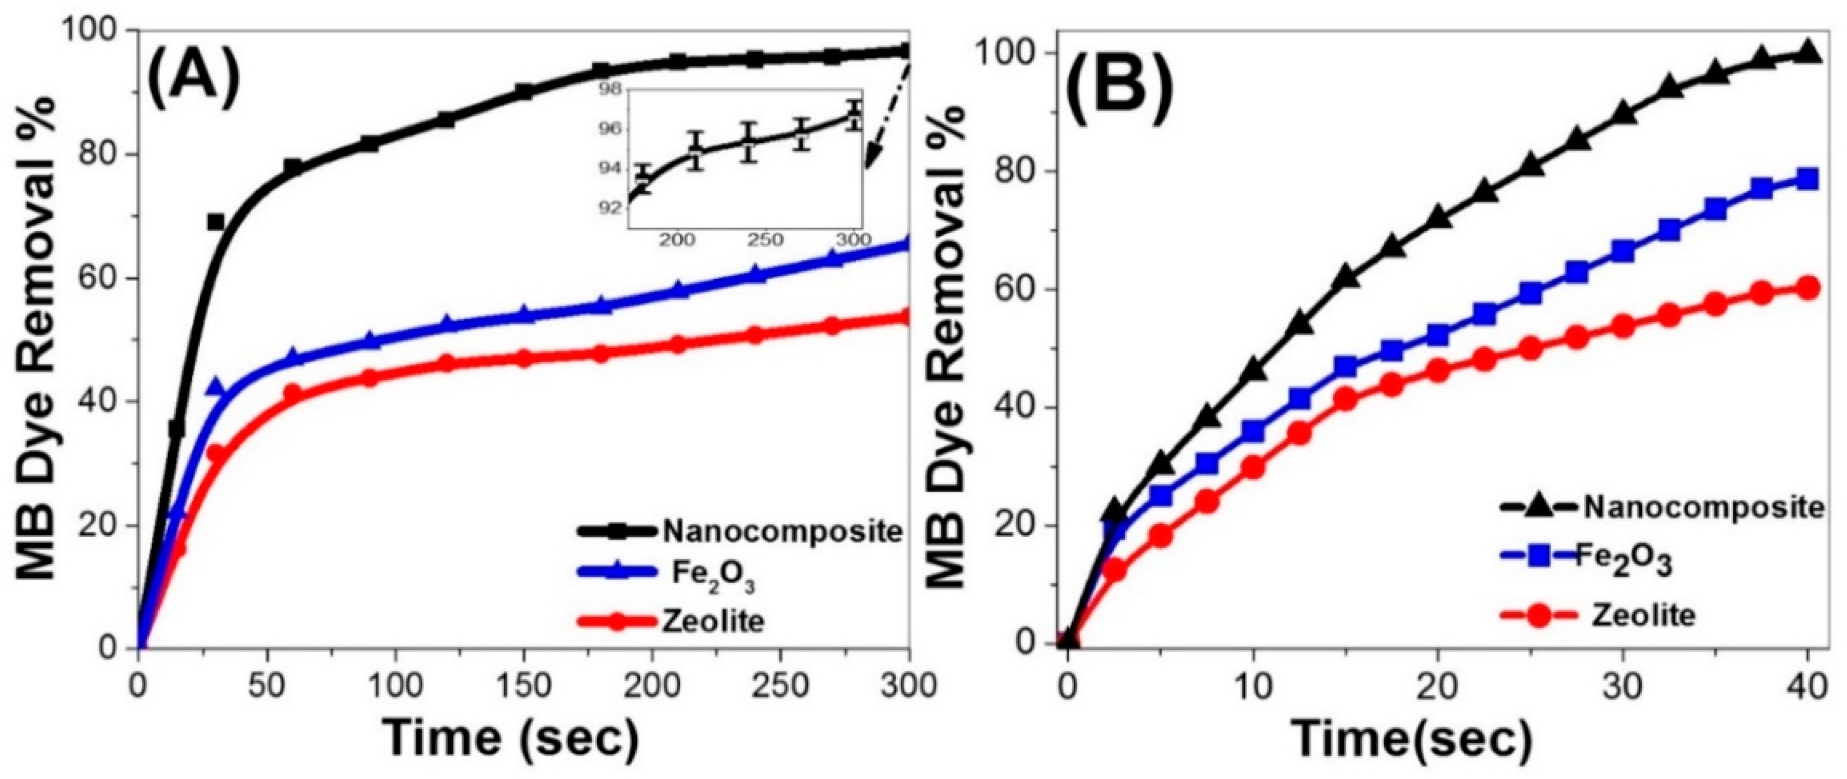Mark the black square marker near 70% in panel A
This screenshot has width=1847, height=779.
tap(216, 222)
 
